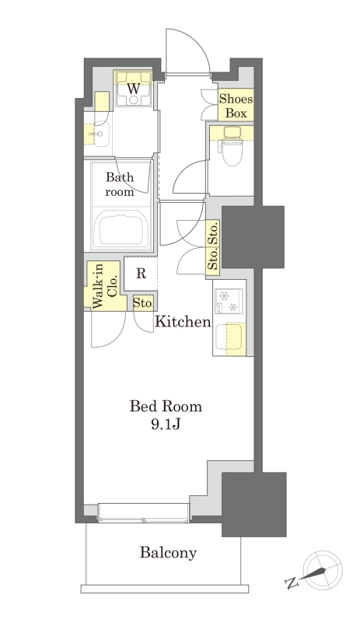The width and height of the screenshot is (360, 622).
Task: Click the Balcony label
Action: coord(168,553)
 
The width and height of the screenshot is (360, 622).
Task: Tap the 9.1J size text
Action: coord(166,425)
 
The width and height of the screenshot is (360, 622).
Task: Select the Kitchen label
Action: coord(183,321)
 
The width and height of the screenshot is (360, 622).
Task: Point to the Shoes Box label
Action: coord(236,106)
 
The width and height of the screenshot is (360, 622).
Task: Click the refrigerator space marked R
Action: coord(141,274)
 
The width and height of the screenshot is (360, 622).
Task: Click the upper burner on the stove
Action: coord(224,295)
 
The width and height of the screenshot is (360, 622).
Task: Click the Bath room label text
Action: coord(120,184)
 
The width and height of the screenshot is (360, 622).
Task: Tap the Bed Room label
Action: coord(166,407)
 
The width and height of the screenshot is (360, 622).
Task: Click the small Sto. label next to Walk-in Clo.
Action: coord(142,303)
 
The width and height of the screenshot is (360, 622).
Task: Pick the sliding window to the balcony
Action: coord(144,512)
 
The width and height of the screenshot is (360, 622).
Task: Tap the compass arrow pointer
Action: coord(314,573)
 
